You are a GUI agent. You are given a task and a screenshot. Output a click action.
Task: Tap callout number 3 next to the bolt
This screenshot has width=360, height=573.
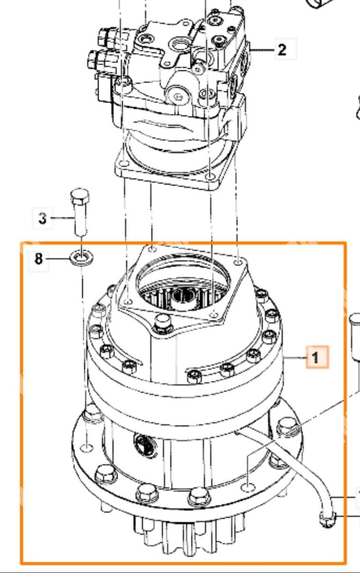coord(43,218)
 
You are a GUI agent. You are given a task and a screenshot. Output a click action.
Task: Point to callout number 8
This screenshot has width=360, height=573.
coord(38,259)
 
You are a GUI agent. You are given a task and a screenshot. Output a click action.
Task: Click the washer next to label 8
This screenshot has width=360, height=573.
coord(82,257)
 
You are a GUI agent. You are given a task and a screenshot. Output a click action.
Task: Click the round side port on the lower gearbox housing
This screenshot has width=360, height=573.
coord(145,445)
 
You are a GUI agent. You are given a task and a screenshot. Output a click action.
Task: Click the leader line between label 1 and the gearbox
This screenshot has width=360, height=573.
coord(295,358)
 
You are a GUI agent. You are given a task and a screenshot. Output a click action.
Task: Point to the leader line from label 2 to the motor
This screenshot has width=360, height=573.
coord(261,50)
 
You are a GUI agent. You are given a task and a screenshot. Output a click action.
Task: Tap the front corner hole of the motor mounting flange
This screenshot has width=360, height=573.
coord(210,176)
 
